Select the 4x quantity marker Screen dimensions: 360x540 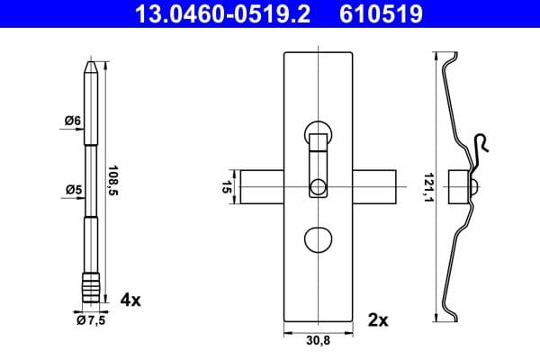coord(130,300)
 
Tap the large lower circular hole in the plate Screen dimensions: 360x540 coord(318,240)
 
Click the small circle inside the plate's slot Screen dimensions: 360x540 coord(318,187)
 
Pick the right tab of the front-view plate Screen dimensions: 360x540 coord(376,187)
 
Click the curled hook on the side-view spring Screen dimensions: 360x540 coord(482,144)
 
